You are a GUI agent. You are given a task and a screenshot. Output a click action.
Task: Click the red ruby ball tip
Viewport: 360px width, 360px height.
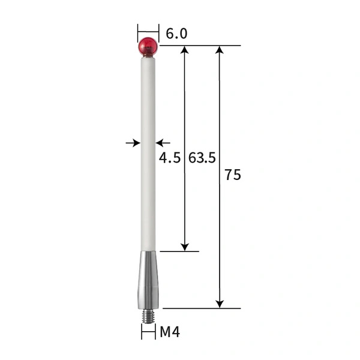pyautogui.click(x=148, y=46)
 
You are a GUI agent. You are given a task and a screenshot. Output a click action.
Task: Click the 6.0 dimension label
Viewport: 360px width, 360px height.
pyautogui.click(x=176, y=34)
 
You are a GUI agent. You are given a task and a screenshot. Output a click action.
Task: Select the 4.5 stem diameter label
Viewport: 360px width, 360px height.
pyautogui.click(x=170, y=158)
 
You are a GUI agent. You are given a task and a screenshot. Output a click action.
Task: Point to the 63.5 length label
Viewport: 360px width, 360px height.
pyautogui.click(x=202, y=158)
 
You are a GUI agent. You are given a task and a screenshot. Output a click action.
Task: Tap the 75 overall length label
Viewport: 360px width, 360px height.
pyautogui.click(x=233, y=176)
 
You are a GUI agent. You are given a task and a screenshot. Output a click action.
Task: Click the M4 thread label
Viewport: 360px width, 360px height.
pyautogui.click(x=170, y=331)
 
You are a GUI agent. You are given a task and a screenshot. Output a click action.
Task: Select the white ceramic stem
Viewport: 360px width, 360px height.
pyautogui.click(x=148, y=150)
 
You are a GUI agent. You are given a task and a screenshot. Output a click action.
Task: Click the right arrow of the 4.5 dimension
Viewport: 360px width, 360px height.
pyautogui.click(x=162, y=143)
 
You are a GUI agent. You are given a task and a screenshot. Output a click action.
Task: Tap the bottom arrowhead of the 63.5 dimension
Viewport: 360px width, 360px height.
pyautogui.click(x=185, y=246)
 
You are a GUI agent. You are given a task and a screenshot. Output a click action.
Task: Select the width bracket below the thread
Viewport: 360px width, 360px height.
pyautogui.click(x=148, y=331)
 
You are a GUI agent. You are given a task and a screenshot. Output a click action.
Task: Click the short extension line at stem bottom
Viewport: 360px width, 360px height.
pyautogui.click(x=179, y=251)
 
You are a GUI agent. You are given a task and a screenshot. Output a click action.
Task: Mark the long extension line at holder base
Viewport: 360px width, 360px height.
pyautogui.click(x=201, y=308)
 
